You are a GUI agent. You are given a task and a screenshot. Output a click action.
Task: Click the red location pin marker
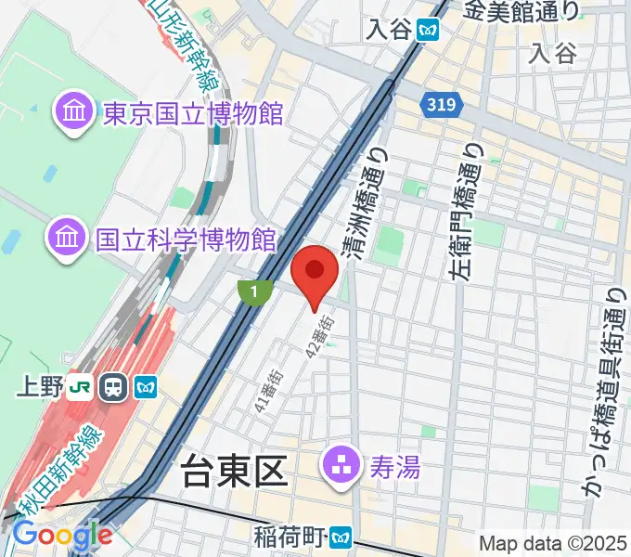pyautogui.click(x=315, y=271)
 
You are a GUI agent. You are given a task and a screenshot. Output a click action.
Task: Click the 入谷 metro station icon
pyautogui.click(x=428, y=30)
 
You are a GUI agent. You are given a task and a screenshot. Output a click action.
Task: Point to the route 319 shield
pyautogui.click(x=442, y=107)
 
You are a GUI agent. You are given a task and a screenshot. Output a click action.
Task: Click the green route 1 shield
pyautogui.click(x=252, y=292)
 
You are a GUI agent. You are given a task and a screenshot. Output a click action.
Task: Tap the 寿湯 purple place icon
pyautogui.click(x=337, y=465)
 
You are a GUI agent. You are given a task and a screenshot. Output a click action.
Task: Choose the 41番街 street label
pyautogui.click(x=268, y=381)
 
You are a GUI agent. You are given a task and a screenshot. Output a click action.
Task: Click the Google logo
pyautogui.click(x=62, y=536)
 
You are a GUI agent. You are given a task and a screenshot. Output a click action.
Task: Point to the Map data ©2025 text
pyautogui.click(x=552, y=543)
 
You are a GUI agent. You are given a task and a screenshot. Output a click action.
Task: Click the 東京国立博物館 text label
pyautogui.click(x=193, y=114)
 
